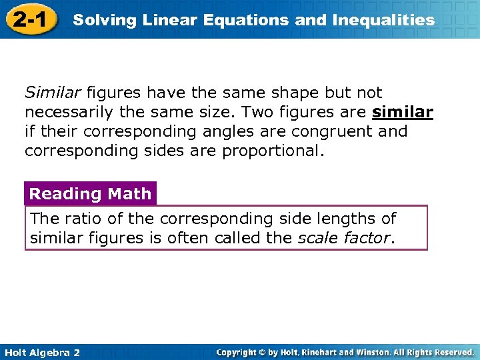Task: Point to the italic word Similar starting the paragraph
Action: pos(50,93)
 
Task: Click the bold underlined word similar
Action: pos(403,112)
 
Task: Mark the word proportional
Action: pos(273,151)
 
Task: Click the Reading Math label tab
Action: pos(90,194)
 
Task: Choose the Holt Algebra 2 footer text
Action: pos(41,352)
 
